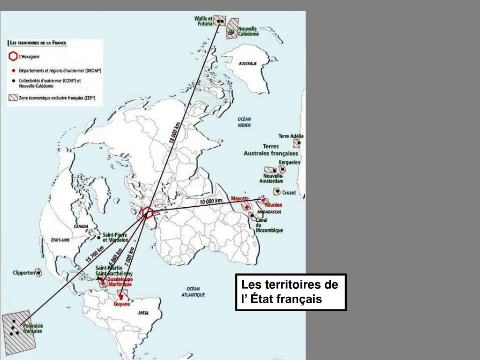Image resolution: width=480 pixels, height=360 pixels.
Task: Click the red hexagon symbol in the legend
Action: [x=13, y=57]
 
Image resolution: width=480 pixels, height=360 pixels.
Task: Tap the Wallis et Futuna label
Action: [x=203, y=21]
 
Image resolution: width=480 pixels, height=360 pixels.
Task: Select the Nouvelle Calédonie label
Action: [x=247, y=31]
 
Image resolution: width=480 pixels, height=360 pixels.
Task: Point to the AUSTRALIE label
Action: [x=248, y=63]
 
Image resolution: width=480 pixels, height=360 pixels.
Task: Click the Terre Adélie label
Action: [x=291, y=136]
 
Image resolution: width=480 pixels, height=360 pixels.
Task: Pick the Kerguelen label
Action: [x=289, y=162]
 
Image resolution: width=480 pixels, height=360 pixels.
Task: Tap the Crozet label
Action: [x=289, y=192]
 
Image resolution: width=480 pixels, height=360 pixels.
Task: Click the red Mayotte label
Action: [x=240, y=198]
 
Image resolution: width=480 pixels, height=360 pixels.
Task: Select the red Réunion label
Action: [x=274, y=205]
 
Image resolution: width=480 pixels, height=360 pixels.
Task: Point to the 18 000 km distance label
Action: [x=174, y=133]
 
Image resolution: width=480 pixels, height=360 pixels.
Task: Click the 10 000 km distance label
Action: [x=211, y=202]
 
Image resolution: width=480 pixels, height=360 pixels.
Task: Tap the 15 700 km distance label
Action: [x=95, y=254]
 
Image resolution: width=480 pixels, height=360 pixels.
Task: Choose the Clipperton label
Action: [x=24, y=272]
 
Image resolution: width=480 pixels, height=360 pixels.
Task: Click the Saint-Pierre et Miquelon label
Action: [x=115, y=237]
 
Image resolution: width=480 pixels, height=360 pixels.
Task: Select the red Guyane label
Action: [x=122, y=304]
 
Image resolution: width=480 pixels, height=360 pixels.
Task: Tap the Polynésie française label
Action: [x=32, y=328]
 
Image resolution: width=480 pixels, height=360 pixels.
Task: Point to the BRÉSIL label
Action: [x=143, y=313]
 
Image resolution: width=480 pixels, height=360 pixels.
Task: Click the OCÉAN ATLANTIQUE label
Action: [x=193, y=292]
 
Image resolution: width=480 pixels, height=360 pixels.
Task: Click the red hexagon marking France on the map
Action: [x=147, y=213]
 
